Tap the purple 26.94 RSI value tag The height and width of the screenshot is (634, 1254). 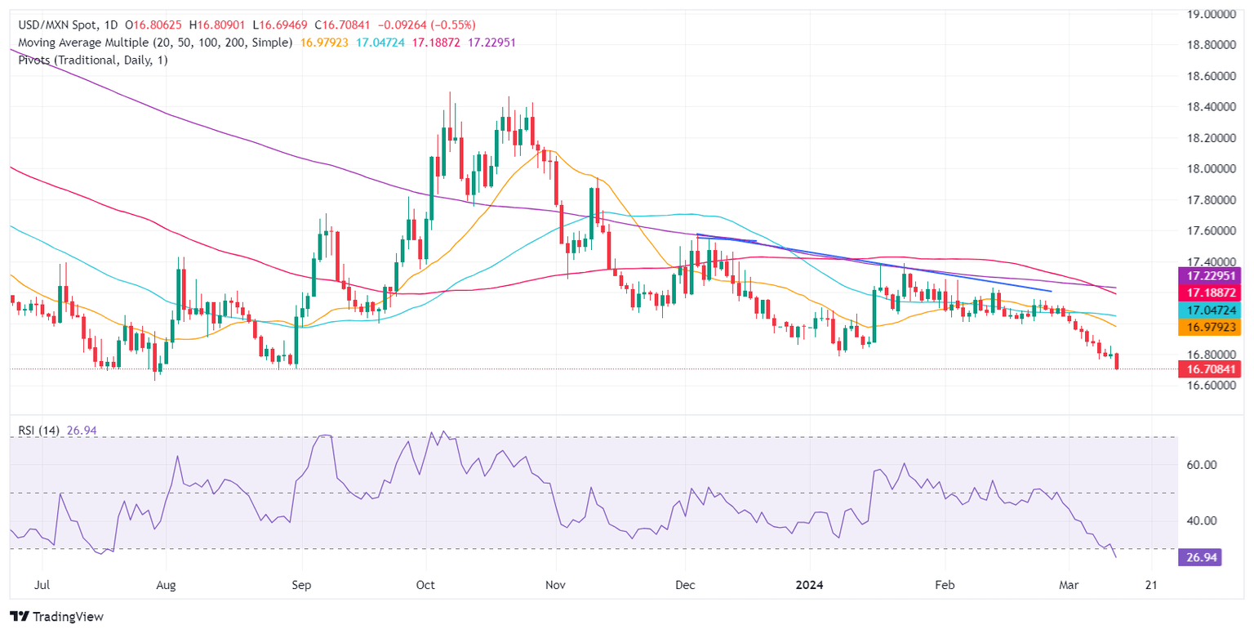1200,557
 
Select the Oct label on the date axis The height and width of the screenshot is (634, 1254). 425,586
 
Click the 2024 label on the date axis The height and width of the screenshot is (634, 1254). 810,586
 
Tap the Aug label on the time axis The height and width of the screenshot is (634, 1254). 166,586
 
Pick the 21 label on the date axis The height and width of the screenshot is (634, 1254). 1152,586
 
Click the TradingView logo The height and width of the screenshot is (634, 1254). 56,616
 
